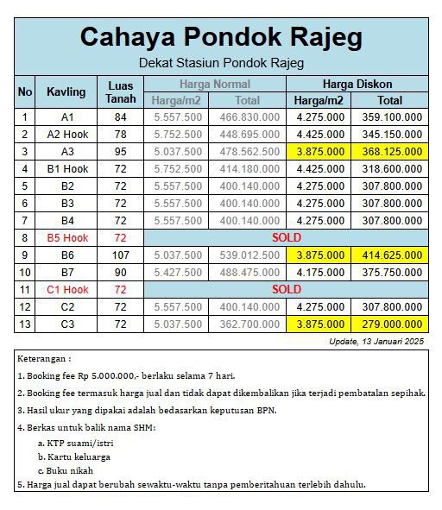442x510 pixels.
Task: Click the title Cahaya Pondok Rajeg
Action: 221,38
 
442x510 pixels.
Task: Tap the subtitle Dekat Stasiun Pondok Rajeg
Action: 221,63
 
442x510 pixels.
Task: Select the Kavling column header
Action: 68,91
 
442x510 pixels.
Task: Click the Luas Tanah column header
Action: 121,91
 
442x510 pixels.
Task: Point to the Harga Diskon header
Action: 357,85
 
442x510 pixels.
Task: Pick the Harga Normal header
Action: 215,85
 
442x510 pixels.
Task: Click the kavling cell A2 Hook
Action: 68,134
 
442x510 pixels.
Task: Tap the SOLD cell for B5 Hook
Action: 287,237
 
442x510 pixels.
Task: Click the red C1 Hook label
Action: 68,289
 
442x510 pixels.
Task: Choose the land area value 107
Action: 121,255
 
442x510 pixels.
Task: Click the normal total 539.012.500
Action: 248,255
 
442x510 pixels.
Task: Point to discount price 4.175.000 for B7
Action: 319,272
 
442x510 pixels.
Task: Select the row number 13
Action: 25,324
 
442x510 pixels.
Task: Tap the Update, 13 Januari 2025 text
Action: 377,342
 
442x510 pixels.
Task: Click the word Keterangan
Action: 45,358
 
